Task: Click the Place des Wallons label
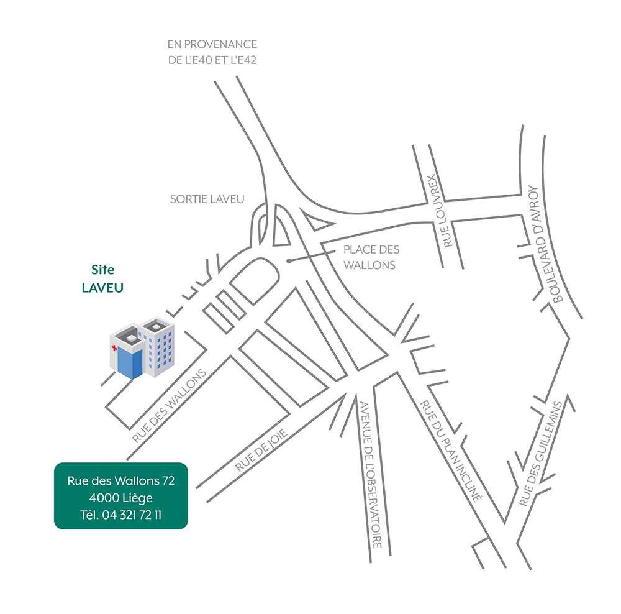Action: (x=371, y=257)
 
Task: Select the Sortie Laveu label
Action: (x=207, y=199)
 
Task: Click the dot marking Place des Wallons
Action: (x=288, y=261)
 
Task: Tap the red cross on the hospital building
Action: (x=113, y=347)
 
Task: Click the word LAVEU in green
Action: (x=103, y=288)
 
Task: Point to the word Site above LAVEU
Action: (x=103, y=270)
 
